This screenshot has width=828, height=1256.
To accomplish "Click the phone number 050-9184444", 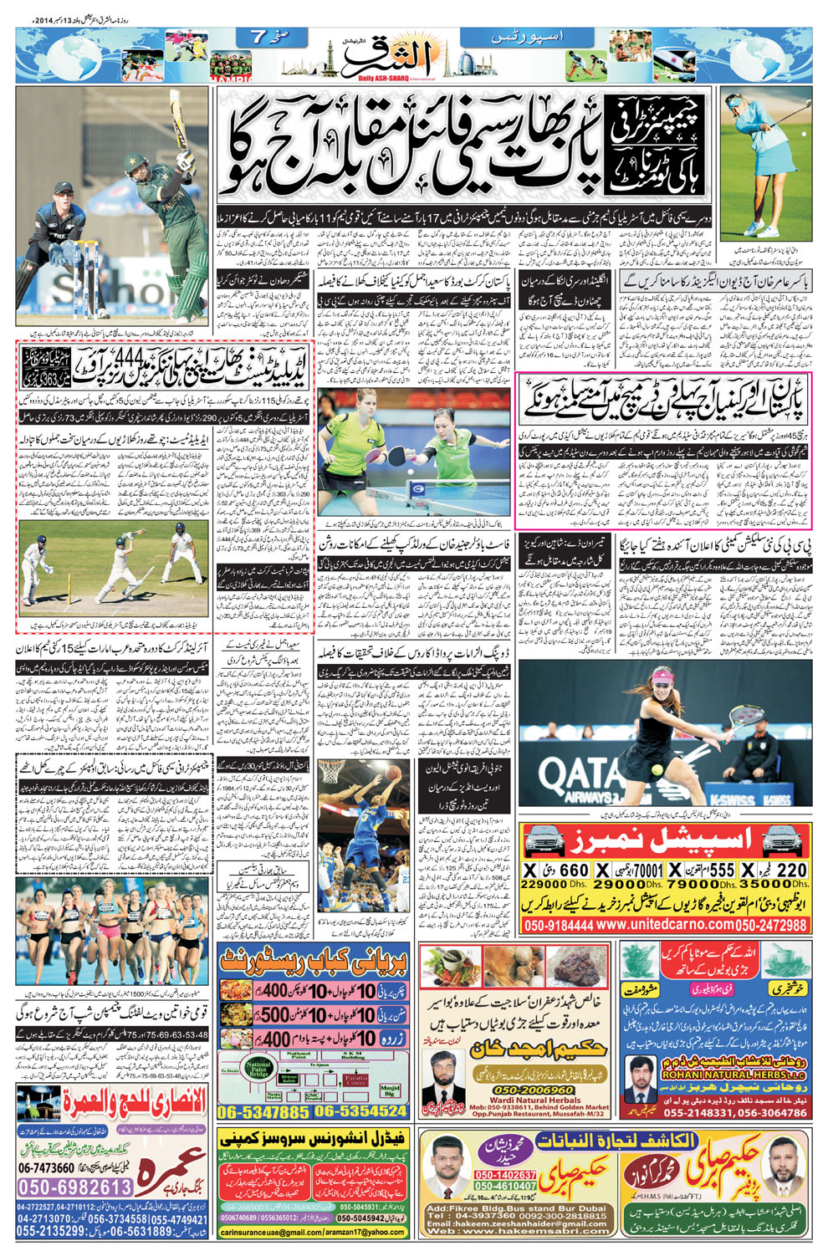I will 557,925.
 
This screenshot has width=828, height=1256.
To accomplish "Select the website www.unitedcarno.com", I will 664,925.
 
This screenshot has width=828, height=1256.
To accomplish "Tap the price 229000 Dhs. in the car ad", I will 544,884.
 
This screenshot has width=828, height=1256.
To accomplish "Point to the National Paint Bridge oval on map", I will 258,1070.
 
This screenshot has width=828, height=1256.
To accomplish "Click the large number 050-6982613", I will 75,1187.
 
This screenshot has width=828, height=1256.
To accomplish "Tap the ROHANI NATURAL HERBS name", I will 722,1075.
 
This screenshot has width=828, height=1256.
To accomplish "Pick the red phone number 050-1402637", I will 505,1175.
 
